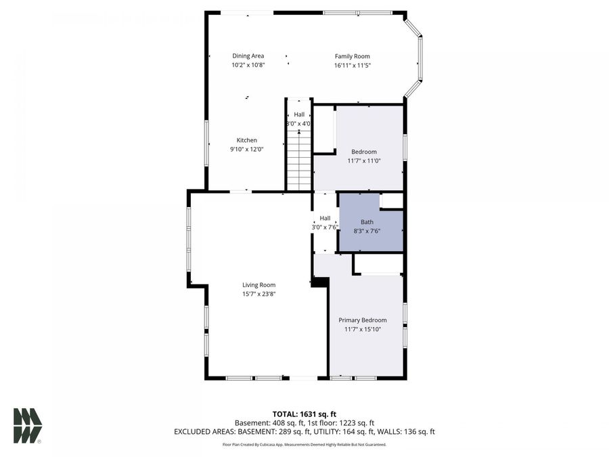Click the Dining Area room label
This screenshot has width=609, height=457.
pyautogui.click(x=248, y=56)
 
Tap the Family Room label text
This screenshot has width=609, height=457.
pyautogui.click(x=353, y=57)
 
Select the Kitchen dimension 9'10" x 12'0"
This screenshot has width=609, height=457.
pyautogui.click(x=246, y=150)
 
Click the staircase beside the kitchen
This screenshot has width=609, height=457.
pyautogui.click(x=298, y=162)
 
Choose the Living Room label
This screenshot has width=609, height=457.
pyautogui.click(x=258, y=285)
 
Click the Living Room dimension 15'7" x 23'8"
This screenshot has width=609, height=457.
pyautogui.click(x=258, y=294)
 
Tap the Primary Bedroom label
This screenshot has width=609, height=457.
pyautogui.click(x=362, y=320)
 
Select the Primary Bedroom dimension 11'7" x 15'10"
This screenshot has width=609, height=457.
pyautogui.click(x=362, y=329)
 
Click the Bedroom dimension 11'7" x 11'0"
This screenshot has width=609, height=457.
pyautogui.click(x=364, y=161)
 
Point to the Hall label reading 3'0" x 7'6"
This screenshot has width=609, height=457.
pyautogui.click(x=325, y=227)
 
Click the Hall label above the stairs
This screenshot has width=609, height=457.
pyautogui.click(x=298, y=115)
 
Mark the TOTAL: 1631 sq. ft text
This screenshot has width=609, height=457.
pyautogui.click(x=304, y=413)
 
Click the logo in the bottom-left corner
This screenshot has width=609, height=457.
pyautogui.click(x=28, y=425)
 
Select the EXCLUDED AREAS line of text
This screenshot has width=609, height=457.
pyautogui.click(x=304, y=431)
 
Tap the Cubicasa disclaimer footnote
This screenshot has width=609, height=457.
pyautogui.click(x=304, y=445)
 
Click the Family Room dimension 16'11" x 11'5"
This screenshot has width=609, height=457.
pyautogui.click(x=353, y=66)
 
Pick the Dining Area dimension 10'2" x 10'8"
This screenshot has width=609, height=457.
pyautogui.click(x=248, y=66)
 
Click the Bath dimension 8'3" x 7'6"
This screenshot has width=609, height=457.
pyautogui.click(x=367, y=230)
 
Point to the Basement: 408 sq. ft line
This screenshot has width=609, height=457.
pyautogui.click(x=304, y=422)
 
